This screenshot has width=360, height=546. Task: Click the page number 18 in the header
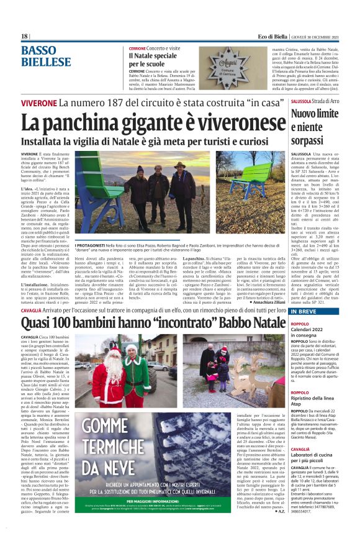tap(24, 37)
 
